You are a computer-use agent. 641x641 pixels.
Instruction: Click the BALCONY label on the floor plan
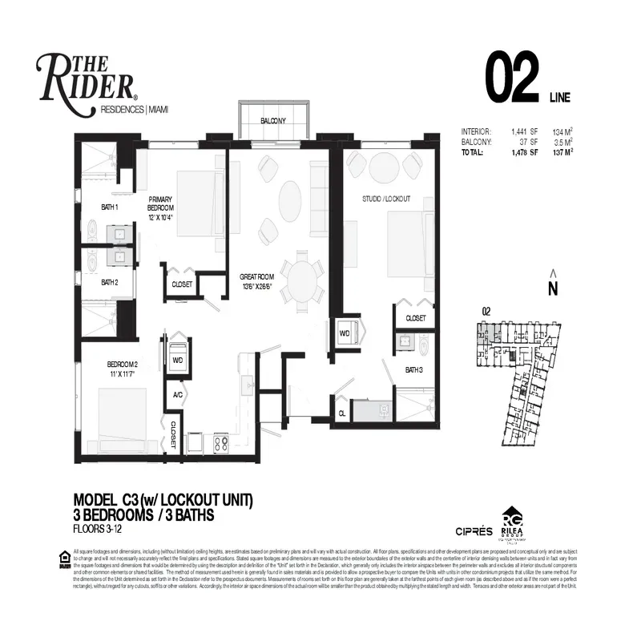(x=272, y=121)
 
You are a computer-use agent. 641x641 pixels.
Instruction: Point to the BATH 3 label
(x=413, y=369)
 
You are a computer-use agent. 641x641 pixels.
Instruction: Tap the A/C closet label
(x=177, y=394)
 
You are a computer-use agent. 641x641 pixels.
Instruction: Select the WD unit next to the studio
(x=345, y=333)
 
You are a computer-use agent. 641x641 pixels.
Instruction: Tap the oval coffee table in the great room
(x=291, y=197)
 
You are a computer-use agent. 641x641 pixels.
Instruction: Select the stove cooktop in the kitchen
(x=220, y=441)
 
